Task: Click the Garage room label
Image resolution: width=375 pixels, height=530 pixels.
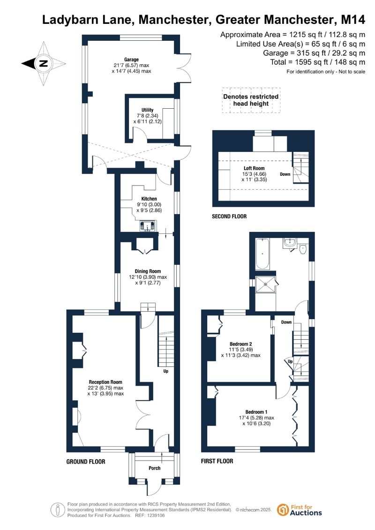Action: coord(131,60)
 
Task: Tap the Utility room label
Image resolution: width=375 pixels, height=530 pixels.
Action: coord(148,110)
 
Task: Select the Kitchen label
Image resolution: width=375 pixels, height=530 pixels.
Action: coord(149,199)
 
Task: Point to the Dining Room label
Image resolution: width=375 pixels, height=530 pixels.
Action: coord(148,271)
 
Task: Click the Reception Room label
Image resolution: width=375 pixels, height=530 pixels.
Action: coord(105,382)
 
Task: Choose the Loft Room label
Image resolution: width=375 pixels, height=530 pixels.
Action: coord(254,168)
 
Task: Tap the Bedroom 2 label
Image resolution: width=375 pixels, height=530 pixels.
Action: coord(241,344)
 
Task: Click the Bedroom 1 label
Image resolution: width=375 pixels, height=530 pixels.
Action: coord(256,412)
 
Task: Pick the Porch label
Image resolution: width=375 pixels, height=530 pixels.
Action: coord(155,468)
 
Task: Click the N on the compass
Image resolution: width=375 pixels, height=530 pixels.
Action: coord(43,63)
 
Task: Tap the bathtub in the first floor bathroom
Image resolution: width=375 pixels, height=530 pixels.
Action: coord(262,254)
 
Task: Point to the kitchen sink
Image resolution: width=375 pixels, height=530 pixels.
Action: coord(149,225)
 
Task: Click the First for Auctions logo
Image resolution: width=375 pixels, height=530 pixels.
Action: coord(299,510)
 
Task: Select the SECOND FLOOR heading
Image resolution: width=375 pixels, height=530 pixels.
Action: coord(229,216)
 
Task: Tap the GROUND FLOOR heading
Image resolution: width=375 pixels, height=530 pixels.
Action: coord(86,462)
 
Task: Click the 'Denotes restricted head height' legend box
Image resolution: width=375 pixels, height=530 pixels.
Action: coord(251,100)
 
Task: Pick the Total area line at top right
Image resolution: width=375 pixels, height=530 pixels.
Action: coord(317,62)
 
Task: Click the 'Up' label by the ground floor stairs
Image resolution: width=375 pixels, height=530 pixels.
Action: coord(165,371)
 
